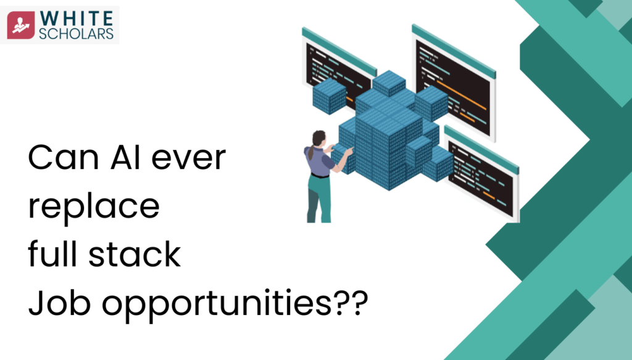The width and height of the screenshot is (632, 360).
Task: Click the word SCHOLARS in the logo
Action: click(x=77, y=33)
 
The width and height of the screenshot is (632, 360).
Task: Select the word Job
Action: click(x=56, y=304)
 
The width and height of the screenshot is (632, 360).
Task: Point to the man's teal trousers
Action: click(x=318, y=195)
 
